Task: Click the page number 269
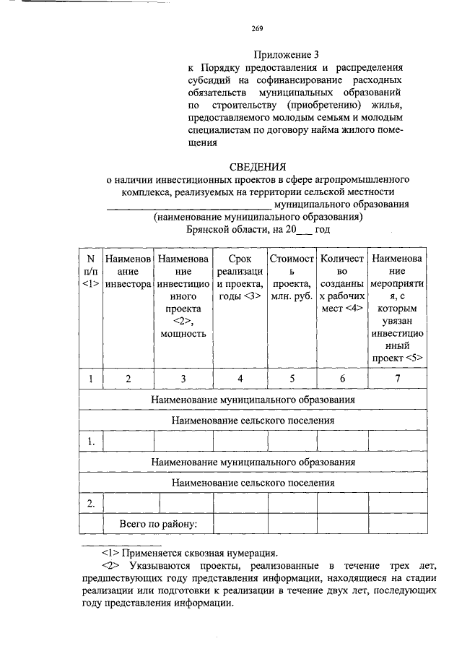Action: click(x=258, y=29)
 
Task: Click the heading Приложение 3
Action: click(x=287, y=54)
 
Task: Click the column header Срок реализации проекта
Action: click(x=240, y=285)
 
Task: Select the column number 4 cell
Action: click(x=240, y=379)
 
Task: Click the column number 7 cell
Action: click(x=397, y=379)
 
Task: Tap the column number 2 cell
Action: click(x=128, y=379)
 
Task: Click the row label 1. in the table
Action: click(x=91, y=440)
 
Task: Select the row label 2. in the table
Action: click(x=91, y=503)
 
